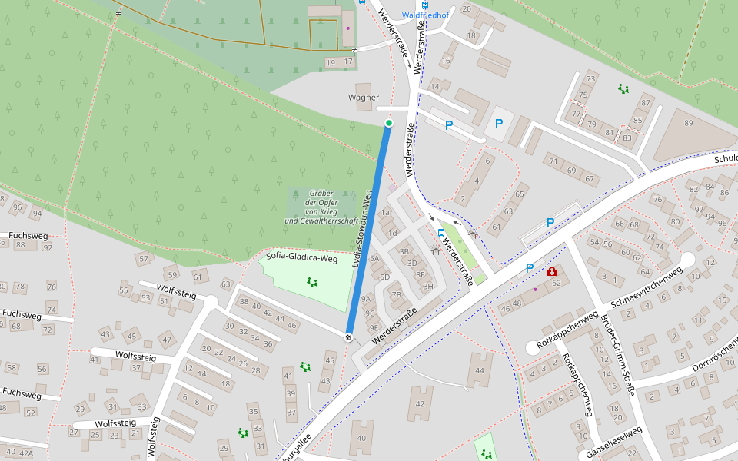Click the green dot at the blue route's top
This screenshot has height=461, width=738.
(389, 123)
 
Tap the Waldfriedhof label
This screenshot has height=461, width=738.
(425, 15)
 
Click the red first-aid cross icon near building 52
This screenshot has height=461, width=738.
(552, 271)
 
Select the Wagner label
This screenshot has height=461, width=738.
(364, 98)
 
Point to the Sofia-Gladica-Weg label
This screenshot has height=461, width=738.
(302, 258)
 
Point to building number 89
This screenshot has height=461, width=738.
(688, 123)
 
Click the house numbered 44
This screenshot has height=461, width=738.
(480, 371)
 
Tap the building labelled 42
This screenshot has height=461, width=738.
(419, 403)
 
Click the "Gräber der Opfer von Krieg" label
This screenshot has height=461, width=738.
(321, 207)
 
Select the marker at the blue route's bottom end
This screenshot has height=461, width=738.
(349, 337)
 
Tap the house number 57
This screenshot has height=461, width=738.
(143, 260)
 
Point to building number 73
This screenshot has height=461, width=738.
(590, 78)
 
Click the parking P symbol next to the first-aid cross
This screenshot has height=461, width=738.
(530, 268)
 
